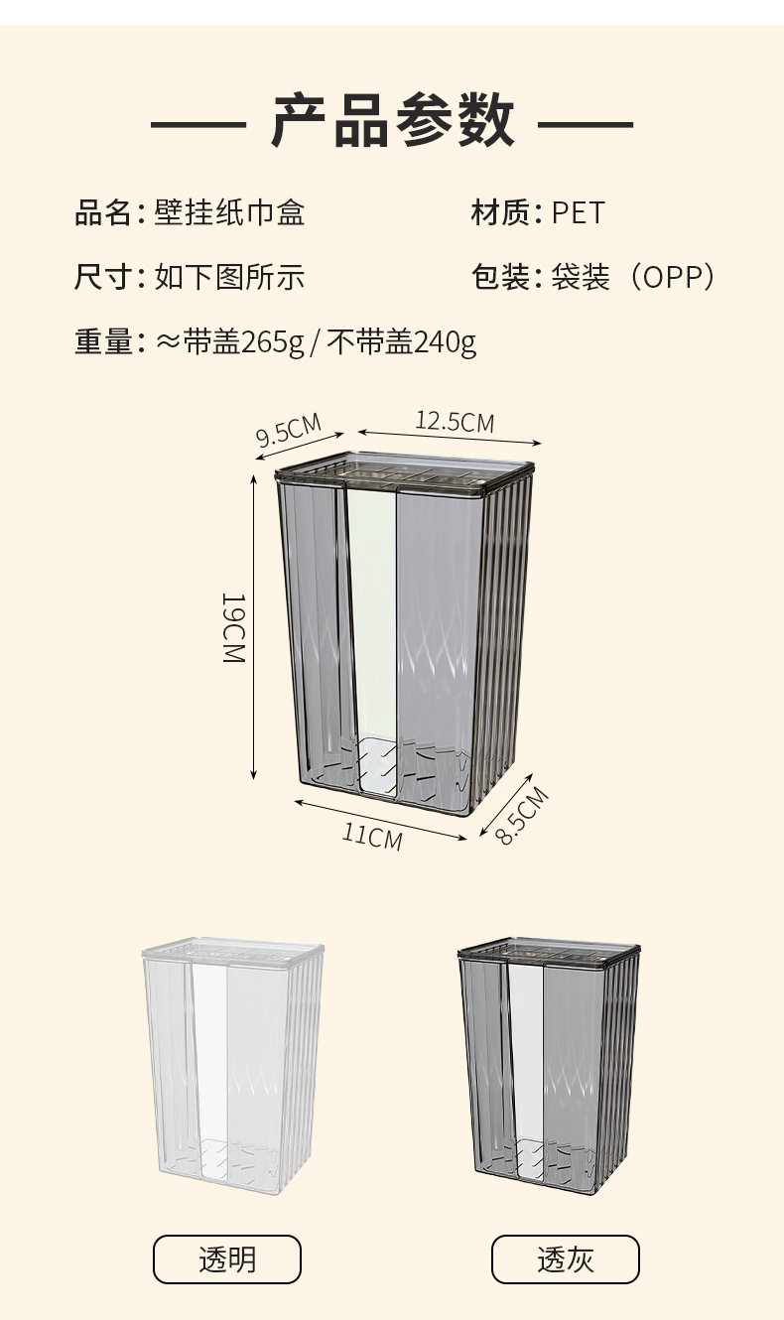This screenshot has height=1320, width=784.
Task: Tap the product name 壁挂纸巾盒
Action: click(x=229, y=212)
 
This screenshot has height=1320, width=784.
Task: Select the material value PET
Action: click(x=578, y=212)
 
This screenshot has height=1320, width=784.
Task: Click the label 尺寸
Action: click(x=103, y=277)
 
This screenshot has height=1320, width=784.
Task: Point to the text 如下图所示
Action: click(x=229, y=277)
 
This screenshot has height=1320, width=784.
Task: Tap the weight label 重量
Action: click(x=103, y=341)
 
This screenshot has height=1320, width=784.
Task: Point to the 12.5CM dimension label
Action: click(x=455, y=421)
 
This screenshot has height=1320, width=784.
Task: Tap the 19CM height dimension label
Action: click(x=233, y=628)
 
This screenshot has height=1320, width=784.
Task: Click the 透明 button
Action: click(x=227, y=1259)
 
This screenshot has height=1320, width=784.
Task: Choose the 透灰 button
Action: click(x=566, y=1259)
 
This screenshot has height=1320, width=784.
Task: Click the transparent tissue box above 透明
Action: click(x=233, y=1067)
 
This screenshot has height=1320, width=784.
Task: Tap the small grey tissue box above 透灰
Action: click(x=549, y=1067)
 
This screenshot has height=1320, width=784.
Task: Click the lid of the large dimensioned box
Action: click(x=405, y=471)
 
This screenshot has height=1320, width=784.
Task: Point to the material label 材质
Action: click(x=500, y=212)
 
